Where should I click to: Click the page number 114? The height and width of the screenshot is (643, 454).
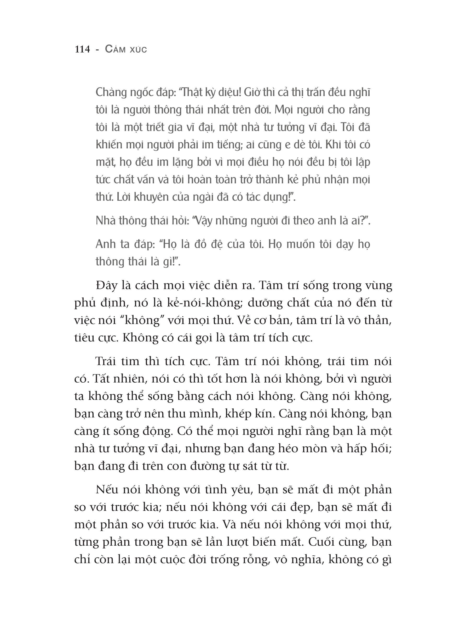click(x=82, y=49)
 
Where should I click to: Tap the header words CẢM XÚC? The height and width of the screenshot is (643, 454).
click(x=126, y=49)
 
